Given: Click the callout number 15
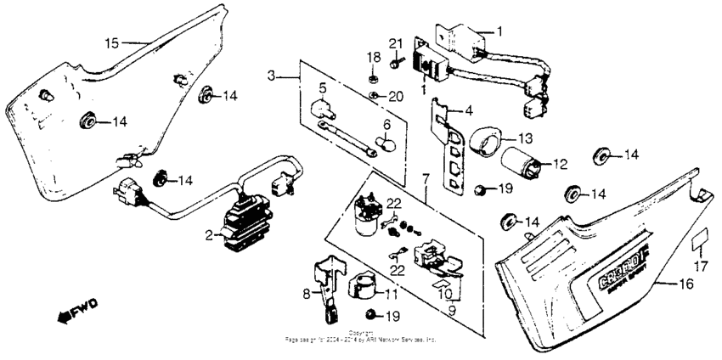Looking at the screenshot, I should click(x=112, y=42).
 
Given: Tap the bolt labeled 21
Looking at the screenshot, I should click(x=395, y=60).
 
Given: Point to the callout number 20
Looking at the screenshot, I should click(x=394, y=96).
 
